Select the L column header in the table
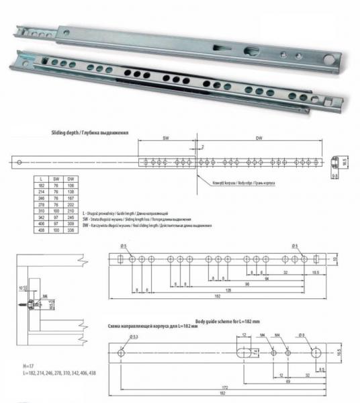click(x=42, y=179)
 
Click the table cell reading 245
click(x=71, y=216)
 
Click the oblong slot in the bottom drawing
click(x=246, y=351)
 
